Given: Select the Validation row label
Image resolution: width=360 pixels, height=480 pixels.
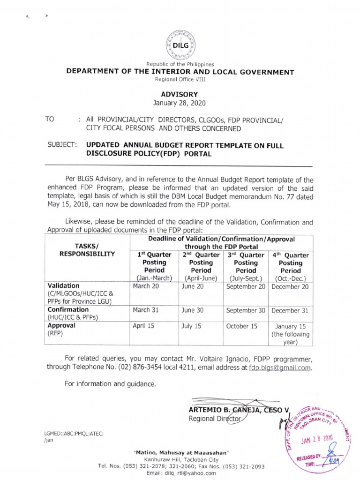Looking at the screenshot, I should [64, 286].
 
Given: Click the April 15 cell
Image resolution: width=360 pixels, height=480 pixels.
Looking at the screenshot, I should [143, 325].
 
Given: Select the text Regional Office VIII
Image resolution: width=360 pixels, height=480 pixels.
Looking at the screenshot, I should [180, 80].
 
